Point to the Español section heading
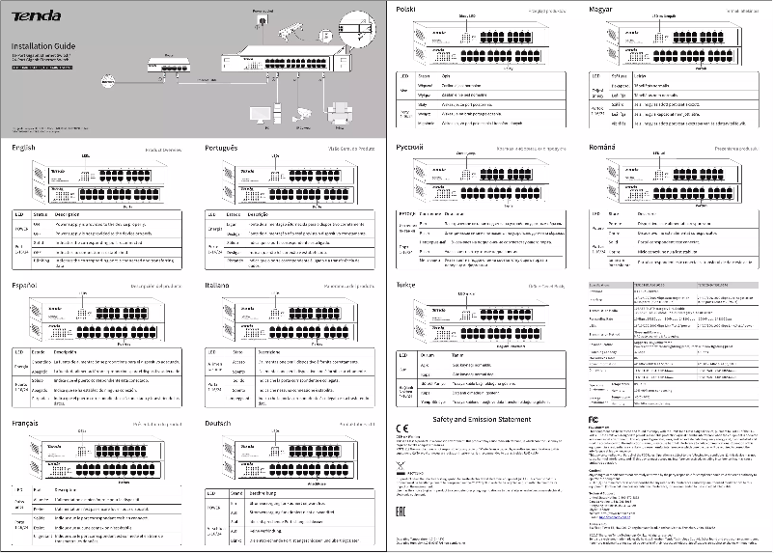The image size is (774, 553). point(25,286)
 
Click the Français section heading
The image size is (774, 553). point(27,423)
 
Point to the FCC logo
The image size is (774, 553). point(594,424)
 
